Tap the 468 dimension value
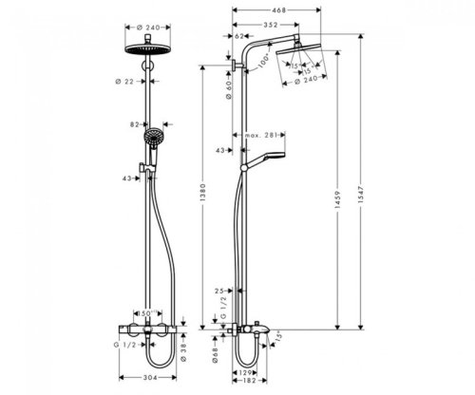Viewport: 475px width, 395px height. click(x=275, y=12)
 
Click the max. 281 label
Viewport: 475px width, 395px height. click(x=287, y=135)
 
